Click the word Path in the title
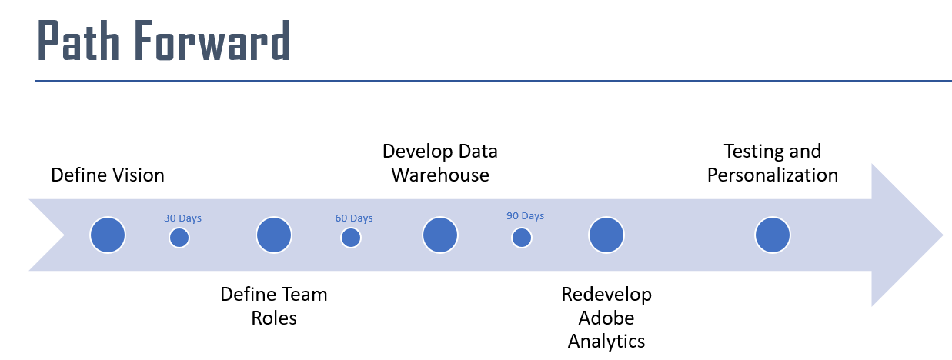coord(78,40)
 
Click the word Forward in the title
coord(212,40)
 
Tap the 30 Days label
coord(182,218)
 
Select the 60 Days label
coord(354,218)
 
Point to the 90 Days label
coord(526,216)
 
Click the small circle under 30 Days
coord(179,238)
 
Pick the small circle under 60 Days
coord(351,238)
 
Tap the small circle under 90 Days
coord(522,238)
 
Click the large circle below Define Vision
coord(108,235)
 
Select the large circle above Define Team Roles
coord(274,235)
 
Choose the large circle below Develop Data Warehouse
coord(440,235)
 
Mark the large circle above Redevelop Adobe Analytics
coord(606,235)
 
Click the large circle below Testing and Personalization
coord(772,235)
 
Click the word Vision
coord(136,175)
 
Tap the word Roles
coord(274,318)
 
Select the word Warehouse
coord(440,175)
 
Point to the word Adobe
coord(606,318)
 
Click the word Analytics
coord(606,342)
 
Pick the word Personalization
coord(773,175)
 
